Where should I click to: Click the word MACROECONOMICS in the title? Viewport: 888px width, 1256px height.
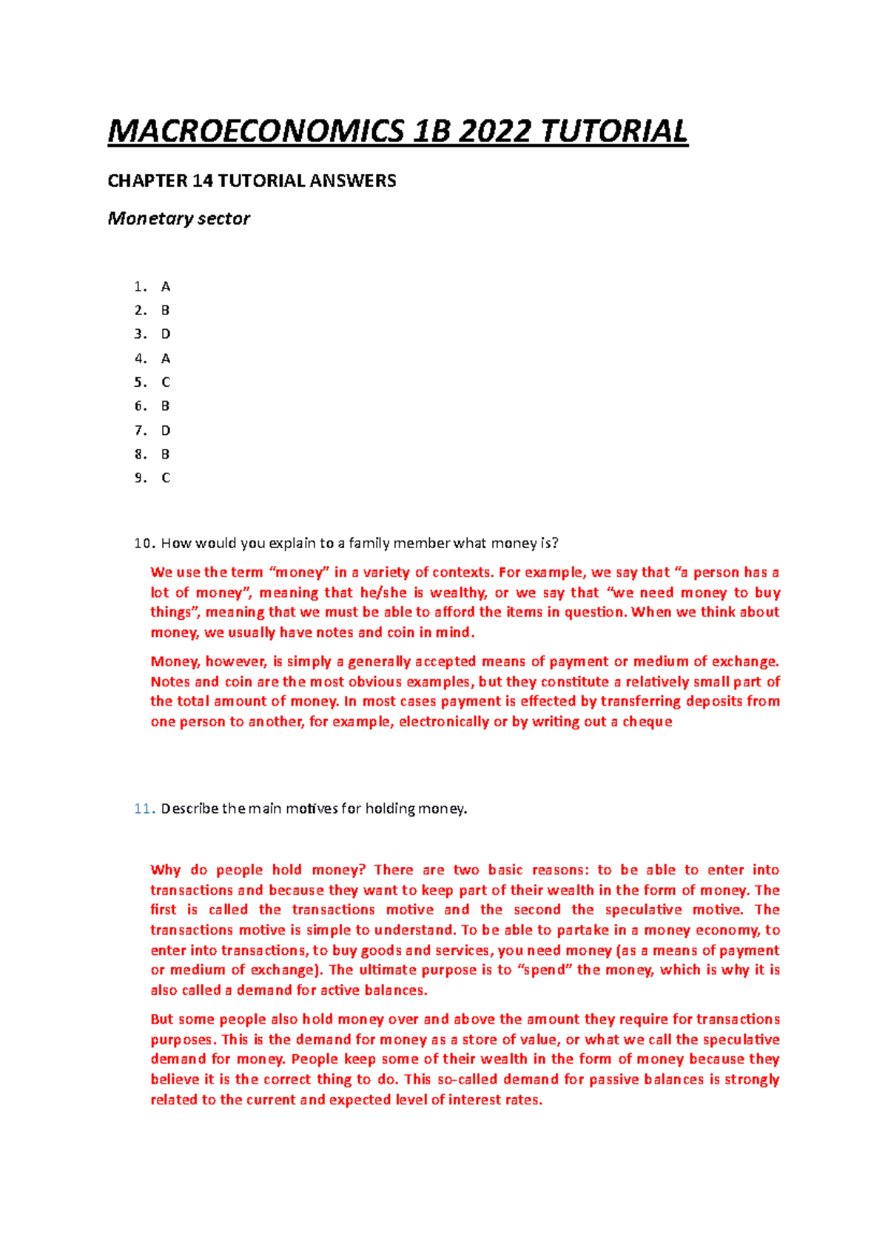tap(256, 132)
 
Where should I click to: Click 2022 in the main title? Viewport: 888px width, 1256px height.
tap(494, 132)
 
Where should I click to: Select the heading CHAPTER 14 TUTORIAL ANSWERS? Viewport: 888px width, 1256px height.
tap(252, 180)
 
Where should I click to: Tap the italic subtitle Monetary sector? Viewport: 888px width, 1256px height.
tap(178, 218)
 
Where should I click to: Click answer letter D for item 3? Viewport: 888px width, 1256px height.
tap(166, 334)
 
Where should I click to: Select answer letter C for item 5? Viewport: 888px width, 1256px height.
tap(166, 382)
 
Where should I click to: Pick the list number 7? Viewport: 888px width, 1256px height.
tap(140, 431)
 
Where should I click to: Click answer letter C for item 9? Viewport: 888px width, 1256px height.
tap(166, 479)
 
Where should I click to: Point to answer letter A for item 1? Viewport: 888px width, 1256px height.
tap(166, 286)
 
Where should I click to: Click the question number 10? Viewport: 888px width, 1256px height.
tap(144, 544)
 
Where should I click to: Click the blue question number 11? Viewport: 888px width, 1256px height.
tap(144, 808)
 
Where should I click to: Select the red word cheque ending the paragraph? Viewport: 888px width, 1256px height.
tap(647, 722)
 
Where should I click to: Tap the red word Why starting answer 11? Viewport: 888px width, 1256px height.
tap(165, 870)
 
